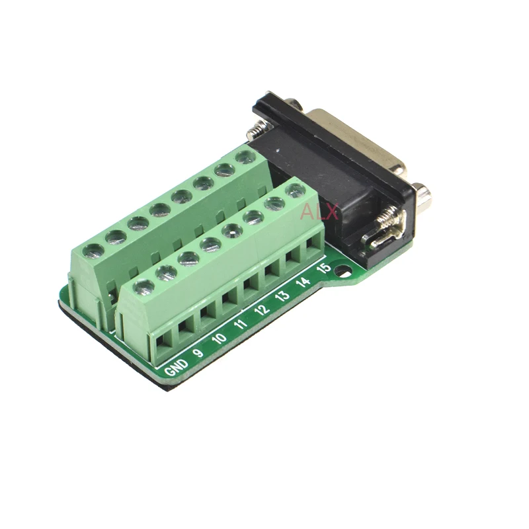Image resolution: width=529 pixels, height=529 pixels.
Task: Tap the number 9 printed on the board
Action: (x=196, y=351)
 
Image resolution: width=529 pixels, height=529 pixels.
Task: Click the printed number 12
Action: (x=262, y=309)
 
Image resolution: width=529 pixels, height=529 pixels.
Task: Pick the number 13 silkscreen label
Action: (x=282, y=296)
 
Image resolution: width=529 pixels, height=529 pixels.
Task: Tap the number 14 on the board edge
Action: (x=303, y=282)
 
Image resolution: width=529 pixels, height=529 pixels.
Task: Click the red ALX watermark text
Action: (x=319, y=212)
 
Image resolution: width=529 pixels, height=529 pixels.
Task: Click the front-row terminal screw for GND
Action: (x=143, y=287)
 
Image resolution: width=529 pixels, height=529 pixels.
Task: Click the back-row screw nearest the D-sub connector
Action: (x=245, y=157)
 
